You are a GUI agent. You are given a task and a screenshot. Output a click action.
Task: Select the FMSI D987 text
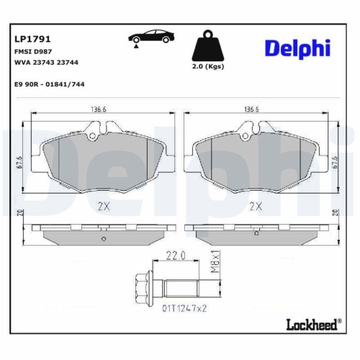(30, 52)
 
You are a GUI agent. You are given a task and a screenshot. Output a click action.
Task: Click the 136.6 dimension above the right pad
(252, 111)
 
